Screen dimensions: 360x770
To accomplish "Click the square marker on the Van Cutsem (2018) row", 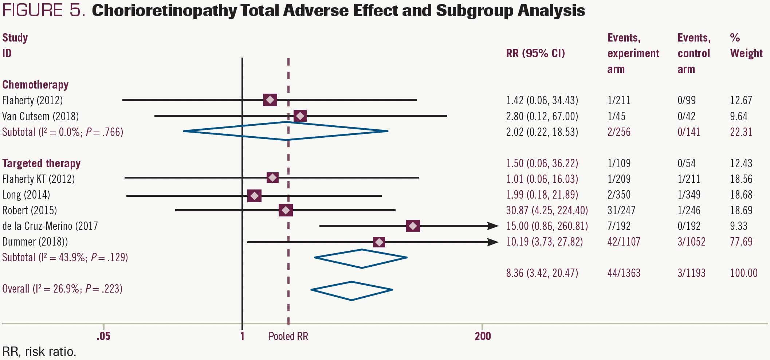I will tap(300, 116).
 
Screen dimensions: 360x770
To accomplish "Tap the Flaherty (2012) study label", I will tap(32, 100).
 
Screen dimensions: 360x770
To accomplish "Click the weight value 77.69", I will tap(741, 242).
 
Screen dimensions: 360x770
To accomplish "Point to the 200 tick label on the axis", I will tap(483, 336).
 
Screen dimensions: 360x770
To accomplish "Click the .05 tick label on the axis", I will tap(103, 336).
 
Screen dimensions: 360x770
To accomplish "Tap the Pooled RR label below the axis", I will tap(288, 336).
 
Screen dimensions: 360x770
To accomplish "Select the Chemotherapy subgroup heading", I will tap(35, 85).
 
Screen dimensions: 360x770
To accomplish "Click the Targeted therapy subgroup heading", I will tap(41, 163).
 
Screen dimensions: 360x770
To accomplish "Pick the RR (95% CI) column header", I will tap(535, 53).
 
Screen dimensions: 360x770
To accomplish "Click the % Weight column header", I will tap(746, 46).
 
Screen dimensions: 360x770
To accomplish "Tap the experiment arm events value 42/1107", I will tap(624, 242).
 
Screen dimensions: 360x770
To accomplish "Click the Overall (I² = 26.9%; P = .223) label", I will tap(62, 289).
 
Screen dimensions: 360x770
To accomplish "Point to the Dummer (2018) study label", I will tap(35, 242).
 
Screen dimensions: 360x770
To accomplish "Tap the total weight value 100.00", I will tap(743, 273).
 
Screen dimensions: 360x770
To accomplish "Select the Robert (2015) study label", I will tap(30, 210).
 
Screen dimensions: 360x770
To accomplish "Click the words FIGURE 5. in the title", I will tap(44, 10).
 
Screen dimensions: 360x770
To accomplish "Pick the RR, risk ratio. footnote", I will tap(39, 352).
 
